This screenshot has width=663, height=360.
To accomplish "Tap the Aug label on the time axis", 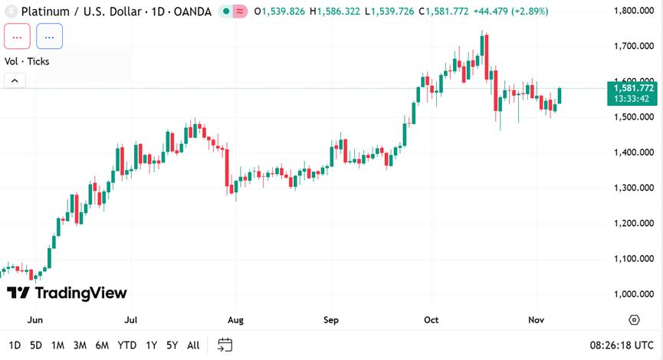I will pos(235,319).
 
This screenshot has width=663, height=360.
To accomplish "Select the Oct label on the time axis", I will pos(431,319).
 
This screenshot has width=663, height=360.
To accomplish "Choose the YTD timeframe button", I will pos(127,345).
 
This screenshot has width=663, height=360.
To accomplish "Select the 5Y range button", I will pos(172,345).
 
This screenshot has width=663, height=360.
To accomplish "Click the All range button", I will pos(193,345).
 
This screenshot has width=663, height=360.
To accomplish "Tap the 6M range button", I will pos(102,345).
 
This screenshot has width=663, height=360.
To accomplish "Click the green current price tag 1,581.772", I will pos(632,88).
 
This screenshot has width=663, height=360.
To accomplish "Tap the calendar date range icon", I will pos(225,345).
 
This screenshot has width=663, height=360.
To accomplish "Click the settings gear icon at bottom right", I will pos(634,319).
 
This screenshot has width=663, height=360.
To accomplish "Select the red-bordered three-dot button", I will pos(17,36).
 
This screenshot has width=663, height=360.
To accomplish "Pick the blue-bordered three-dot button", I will pos(49,36).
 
